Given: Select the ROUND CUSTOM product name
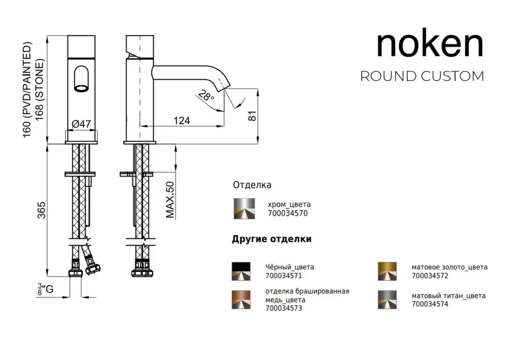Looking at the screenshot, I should click(x=422, y=76).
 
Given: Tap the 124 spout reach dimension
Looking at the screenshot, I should click(x=182, y=120).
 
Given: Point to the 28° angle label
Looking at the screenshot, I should click(x=205, y=95).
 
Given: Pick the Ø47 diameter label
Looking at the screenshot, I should click(x=81, y=123).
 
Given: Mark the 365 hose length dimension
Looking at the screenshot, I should click(x=41, y=210).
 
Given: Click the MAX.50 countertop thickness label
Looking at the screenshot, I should click(x=171, y=199).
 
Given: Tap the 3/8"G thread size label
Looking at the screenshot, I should click(x=45, y=289).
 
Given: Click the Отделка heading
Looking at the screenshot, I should click(x=252, y=185).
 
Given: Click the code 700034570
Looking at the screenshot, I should click(x=288, y=214).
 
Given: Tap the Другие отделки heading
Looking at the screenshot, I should click(x=271, y=239).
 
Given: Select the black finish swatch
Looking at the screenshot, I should click(x=241, y=271).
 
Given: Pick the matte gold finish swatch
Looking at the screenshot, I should click(x=387, y=271).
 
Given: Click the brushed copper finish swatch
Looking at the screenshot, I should click(x=241, y=300).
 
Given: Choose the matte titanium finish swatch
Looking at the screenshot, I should click(x=387, y=300).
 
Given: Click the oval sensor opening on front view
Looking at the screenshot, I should click(x=81, y=79).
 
